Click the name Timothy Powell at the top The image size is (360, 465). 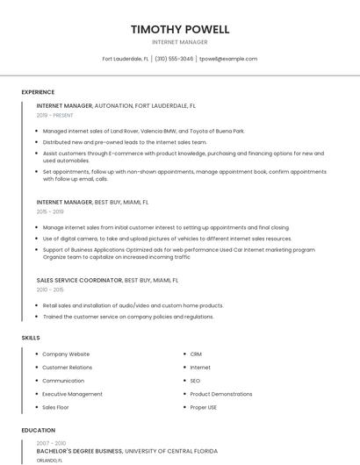pos(180,29)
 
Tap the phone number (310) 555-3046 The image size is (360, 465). pos(176,59)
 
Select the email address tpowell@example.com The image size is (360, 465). pos(228,59)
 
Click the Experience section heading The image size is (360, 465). pos(38,92)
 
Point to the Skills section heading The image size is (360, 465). pos(31,337)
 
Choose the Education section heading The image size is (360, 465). pos(38,431)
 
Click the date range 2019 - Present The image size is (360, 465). pos(55,115)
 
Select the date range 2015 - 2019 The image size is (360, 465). pos(50,211)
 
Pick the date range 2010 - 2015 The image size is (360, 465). pos(50,290)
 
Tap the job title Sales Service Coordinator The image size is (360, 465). pos(79,280)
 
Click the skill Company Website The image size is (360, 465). pos(66,354)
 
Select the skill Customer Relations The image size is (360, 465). pos(67,367)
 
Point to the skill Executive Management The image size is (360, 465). pos(72,394)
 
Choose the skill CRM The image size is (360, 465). pos(196,354)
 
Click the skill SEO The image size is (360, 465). pos(195,381)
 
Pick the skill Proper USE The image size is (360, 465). pos(204,407)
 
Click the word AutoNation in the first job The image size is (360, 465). pos(113,105)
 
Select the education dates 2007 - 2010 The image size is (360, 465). pos(50,443)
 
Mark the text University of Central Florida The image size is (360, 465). pos(171,451)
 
